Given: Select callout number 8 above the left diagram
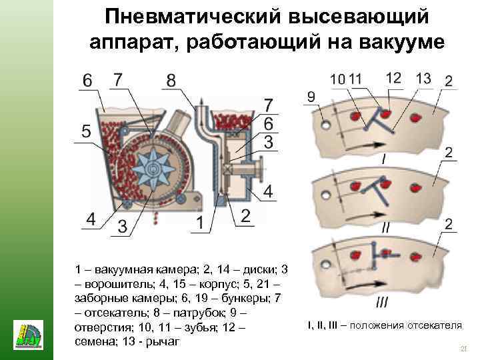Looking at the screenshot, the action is point(171,81).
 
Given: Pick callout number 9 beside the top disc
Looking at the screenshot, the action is point(311,97).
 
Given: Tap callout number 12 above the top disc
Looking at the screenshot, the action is point(393,77).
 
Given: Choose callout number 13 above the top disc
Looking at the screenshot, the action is point(423,78).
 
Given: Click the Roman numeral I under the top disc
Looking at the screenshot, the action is point(383,159).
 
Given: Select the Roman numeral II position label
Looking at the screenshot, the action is point(385,227).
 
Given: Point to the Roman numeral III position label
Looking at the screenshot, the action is point(382,302).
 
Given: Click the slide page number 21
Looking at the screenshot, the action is point(465,350).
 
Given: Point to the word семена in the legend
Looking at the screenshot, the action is point(95,341).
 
